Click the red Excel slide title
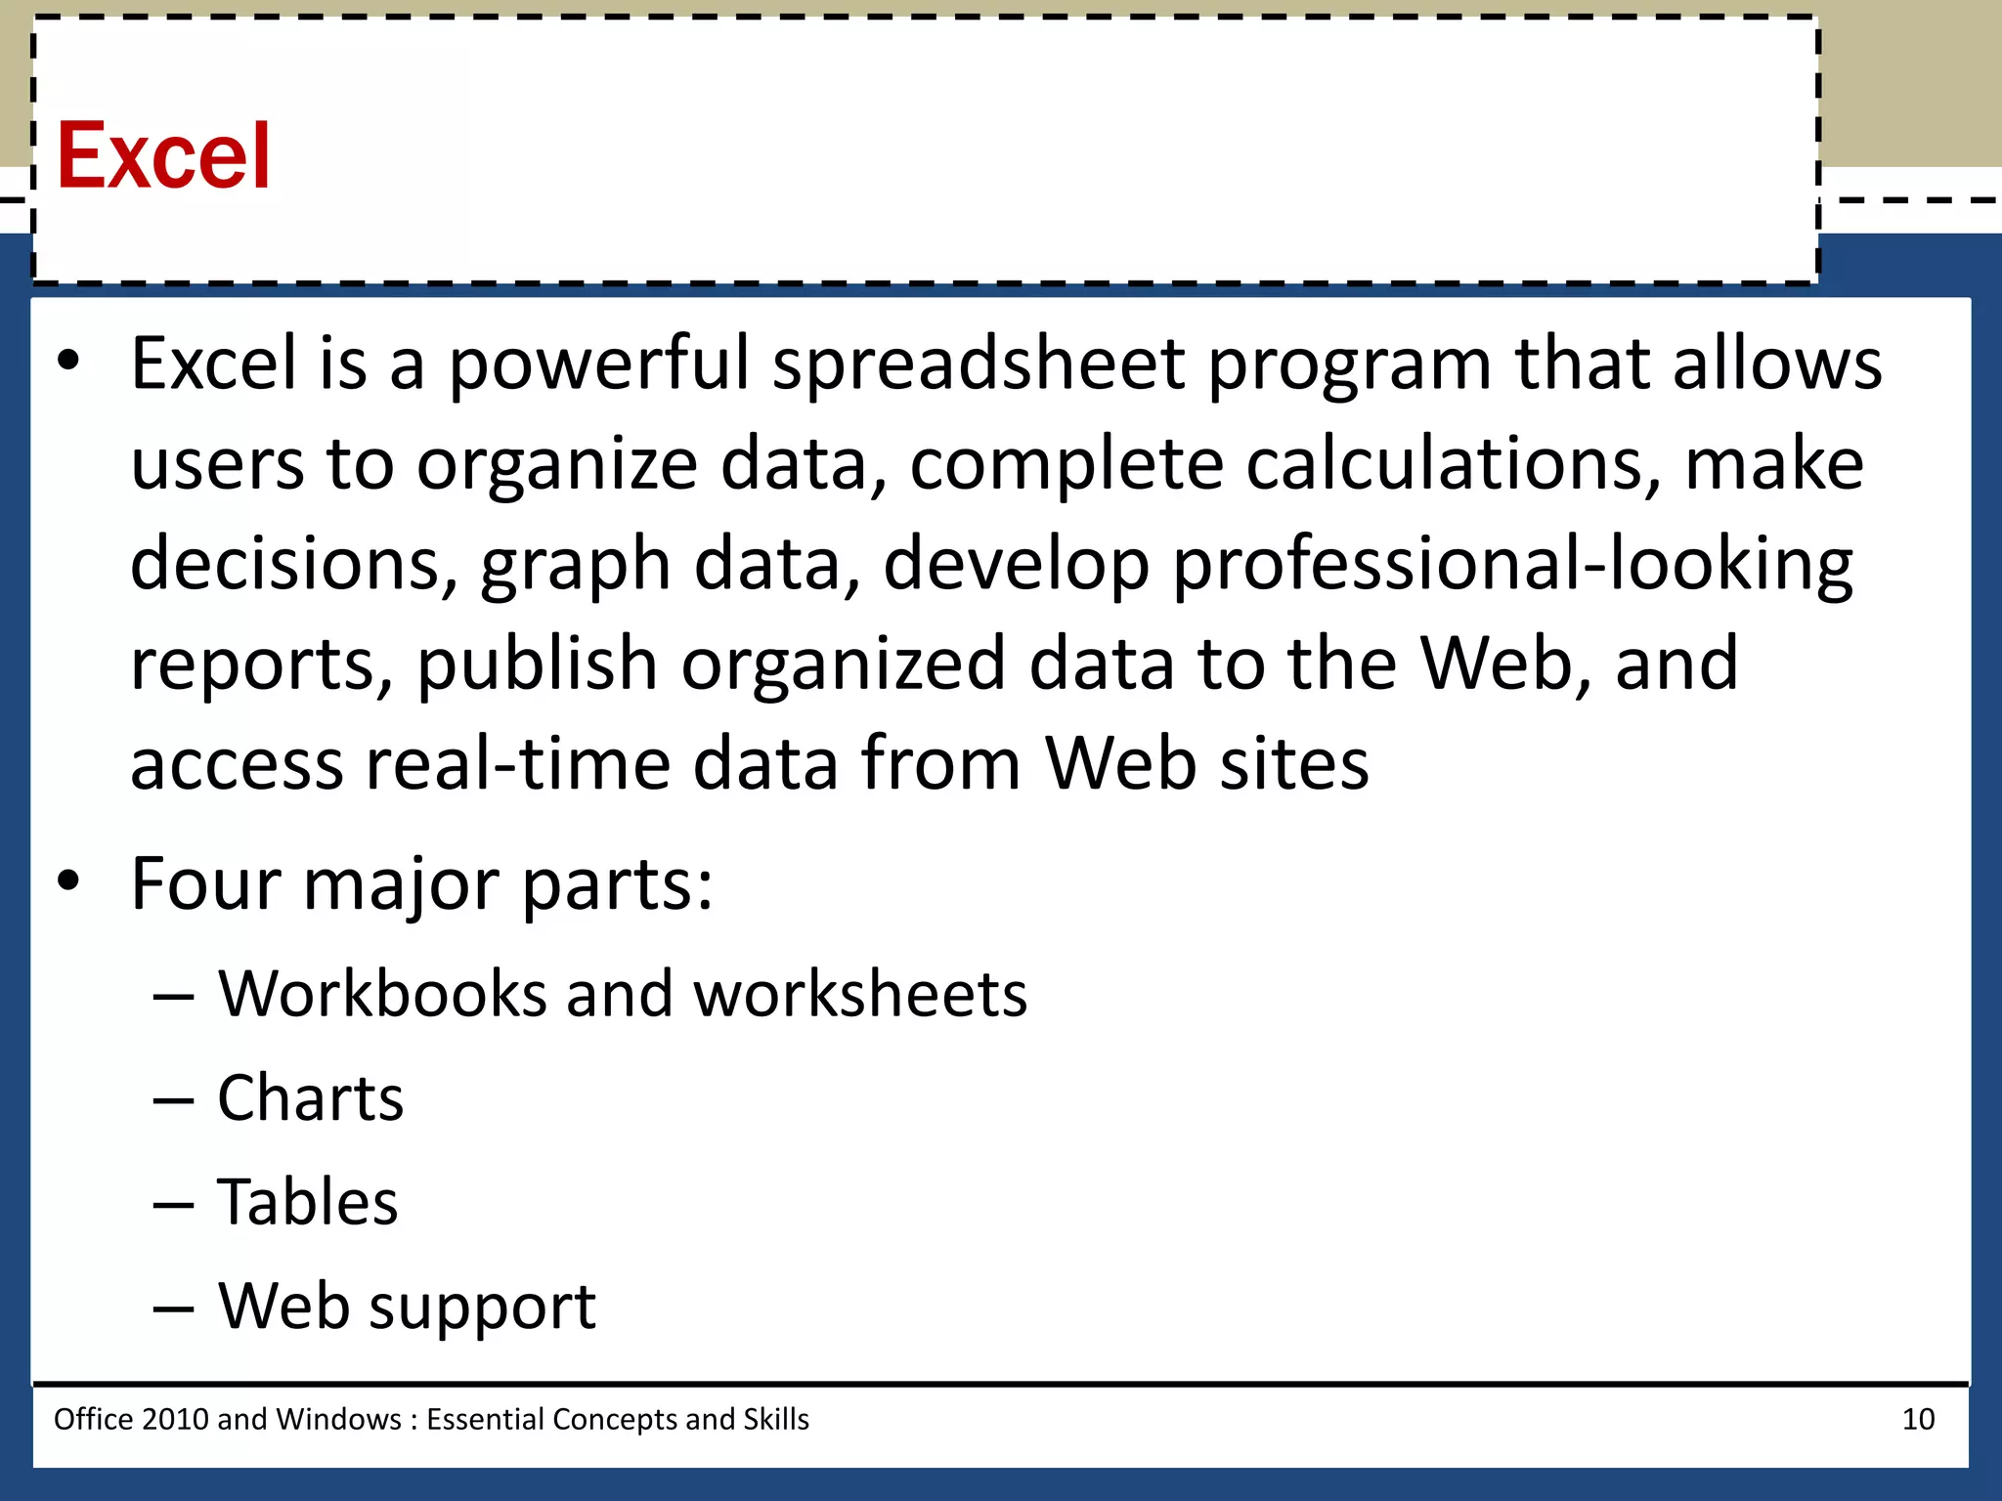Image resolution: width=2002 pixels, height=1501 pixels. [x=163, y=156]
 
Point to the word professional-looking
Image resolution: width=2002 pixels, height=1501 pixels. [x=1511, y=566]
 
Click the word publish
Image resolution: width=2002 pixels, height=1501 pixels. [x=537, y=665]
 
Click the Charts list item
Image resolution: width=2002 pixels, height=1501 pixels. [x=310, y=1098]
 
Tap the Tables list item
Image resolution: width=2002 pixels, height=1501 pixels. [x=308, y=1202]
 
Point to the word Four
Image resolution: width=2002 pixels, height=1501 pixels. [x=206, y=884]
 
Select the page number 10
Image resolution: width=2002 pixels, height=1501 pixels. [x=1918, y=1419]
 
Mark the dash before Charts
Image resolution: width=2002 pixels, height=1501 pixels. [x=173, y=1100]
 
